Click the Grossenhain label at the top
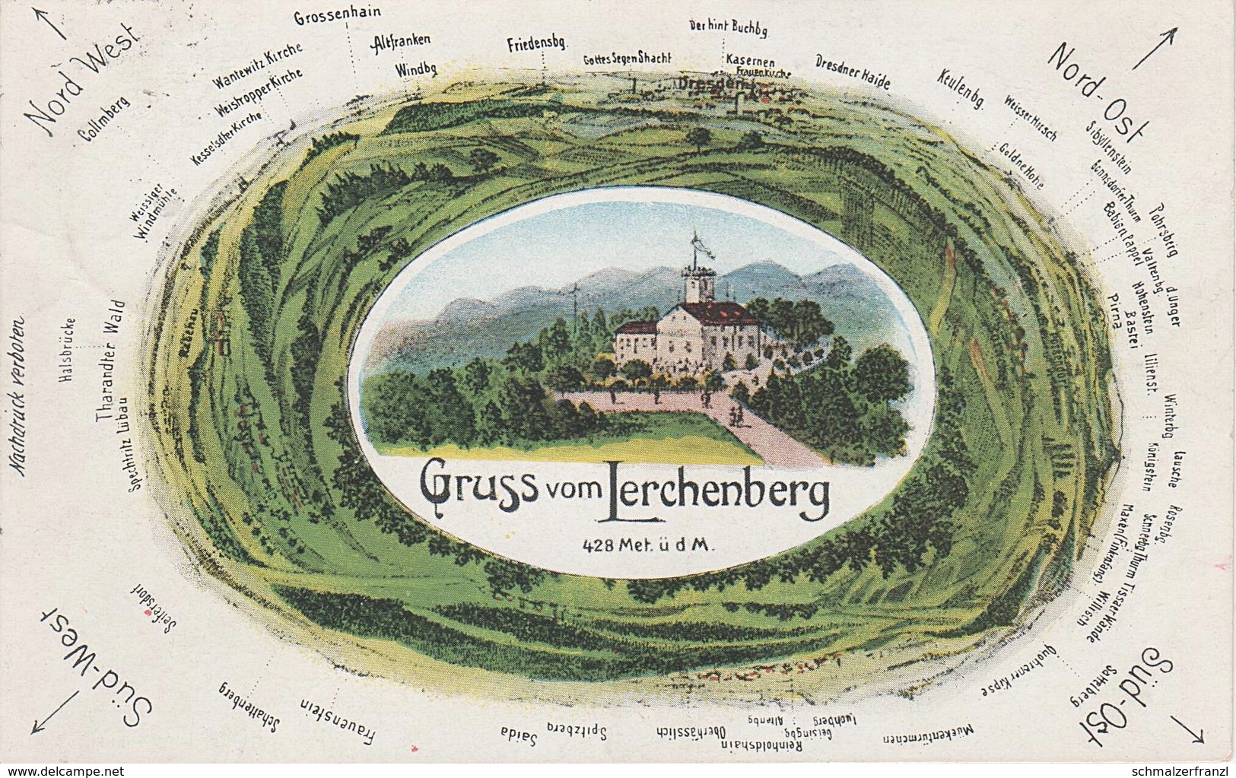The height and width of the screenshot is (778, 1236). coord(337,14)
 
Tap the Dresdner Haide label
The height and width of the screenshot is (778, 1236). coord(852,71)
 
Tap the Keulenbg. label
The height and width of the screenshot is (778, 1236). coord(961,91)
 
